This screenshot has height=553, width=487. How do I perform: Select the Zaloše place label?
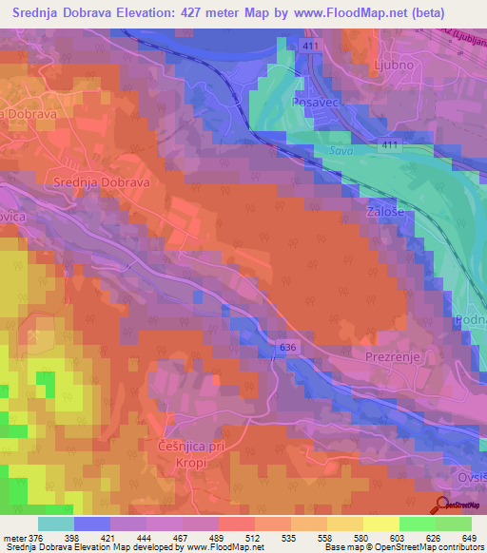[387, 214]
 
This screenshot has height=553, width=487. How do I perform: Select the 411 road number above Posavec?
[312, 46]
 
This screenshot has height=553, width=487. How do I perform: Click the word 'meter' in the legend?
[14, 538]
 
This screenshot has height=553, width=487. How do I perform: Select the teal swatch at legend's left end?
[55, 524]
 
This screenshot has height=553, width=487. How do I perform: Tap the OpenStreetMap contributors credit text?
[419, 548]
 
